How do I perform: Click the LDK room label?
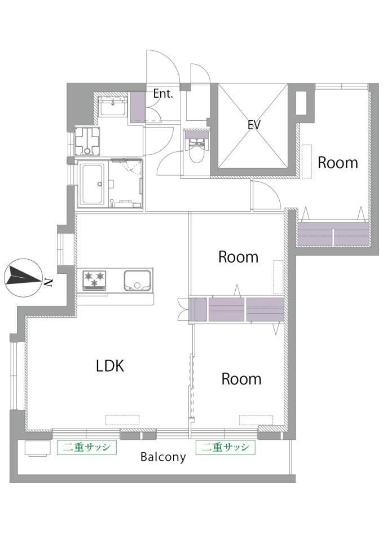[x=110, y=366]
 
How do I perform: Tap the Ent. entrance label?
[x=163, y=94]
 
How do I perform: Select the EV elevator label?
[x=254, y=124]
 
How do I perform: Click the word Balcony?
[x=164, y=457]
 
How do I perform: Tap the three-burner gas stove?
[x=94, y=280]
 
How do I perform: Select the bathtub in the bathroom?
[x=91, y=184]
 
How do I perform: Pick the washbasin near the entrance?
[x=113, y=106]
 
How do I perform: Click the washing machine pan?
[x=88, y=141]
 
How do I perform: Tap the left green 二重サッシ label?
[x=87, y=447]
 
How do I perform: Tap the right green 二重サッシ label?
[x=226, y=447]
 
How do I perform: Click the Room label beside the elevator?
[x=337, y=163]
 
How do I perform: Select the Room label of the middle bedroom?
[x=238, y=257]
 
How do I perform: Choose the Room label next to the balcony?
[x=241, y=379]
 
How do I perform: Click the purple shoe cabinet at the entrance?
[x=137, y=107]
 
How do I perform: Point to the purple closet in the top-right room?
[x=333, y=233]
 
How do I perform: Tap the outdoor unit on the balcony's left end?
[x=37, y=448]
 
